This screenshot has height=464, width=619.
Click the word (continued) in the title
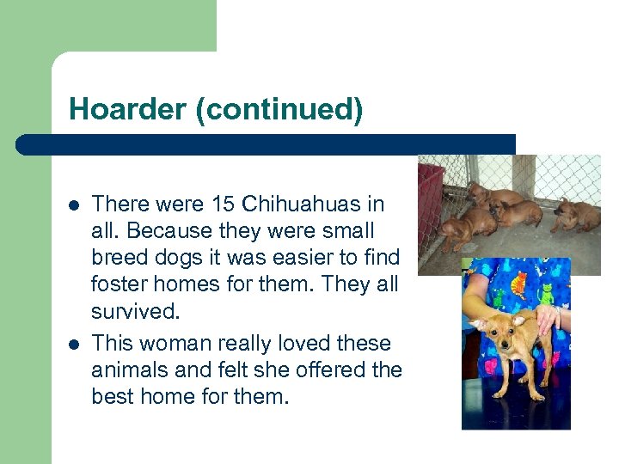coord(279,110)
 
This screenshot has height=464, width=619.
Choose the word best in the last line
coord(113,396)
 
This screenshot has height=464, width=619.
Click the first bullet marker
coord(74,206)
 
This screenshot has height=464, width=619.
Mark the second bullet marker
coord(74,345)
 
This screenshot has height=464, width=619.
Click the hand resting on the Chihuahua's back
coord(548,320)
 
